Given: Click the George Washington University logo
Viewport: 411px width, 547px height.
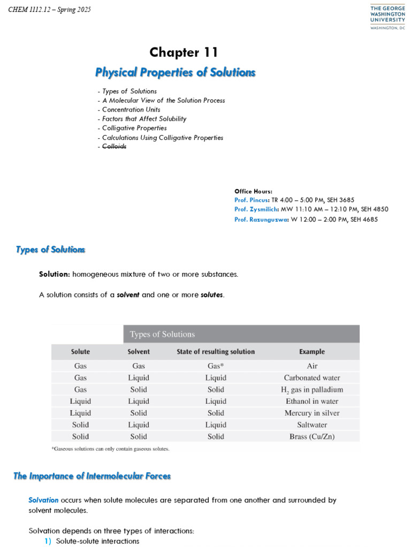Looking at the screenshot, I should pos(387,18).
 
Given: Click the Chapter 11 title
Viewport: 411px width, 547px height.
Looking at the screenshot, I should pos(184,52).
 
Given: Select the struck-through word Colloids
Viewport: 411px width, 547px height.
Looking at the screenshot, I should pos(115,147).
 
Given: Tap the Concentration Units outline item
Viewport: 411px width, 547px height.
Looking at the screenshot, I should pos(131,110).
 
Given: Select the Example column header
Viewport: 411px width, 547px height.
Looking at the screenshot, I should pos(312,352).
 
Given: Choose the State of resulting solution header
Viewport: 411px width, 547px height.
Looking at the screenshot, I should pos(216,352).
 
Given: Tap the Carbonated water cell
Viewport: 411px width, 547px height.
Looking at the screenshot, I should pos(312,378).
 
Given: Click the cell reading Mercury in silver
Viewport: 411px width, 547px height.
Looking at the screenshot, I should pos(312,413).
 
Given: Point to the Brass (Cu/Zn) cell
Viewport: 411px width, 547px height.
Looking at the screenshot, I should pos(312,436).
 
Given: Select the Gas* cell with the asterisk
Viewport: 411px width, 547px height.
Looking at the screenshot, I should pos(216,366).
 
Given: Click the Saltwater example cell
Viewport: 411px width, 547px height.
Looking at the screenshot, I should pos(312,425).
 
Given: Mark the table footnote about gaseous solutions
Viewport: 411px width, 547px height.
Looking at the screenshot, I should pos(110,449).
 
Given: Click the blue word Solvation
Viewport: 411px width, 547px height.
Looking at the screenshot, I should pos(43,501).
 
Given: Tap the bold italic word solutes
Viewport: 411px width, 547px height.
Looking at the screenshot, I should pos(212,295).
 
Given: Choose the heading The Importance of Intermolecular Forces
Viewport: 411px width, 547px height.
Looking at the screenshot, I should pos(92,476).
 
